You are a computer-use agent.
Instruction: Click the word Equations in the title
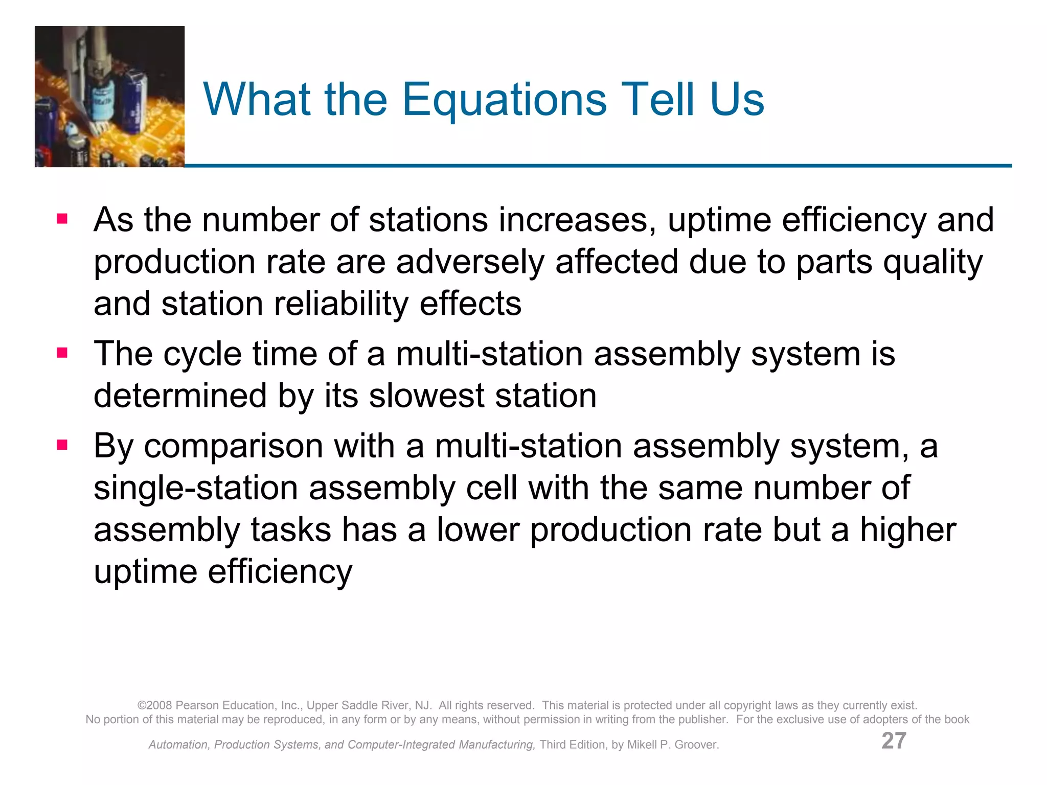tap(505, 100)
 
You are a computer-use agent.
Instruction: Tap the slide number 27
tap(894, 741)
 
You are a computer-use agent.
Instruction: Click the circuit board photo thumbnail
tap(109, 97)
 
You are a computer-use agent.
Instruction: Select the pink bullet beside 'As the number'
tap(62, 219)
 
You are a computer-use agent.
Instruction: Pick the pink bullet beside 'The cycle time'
tap(62, 353)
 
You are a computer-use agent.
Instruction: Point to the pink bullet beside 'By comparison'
tap(62, 445)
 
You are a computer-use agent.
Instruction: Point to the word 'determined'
tap(180, 396)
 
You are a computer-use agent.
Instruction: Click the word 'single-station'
tap(196, 488)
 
